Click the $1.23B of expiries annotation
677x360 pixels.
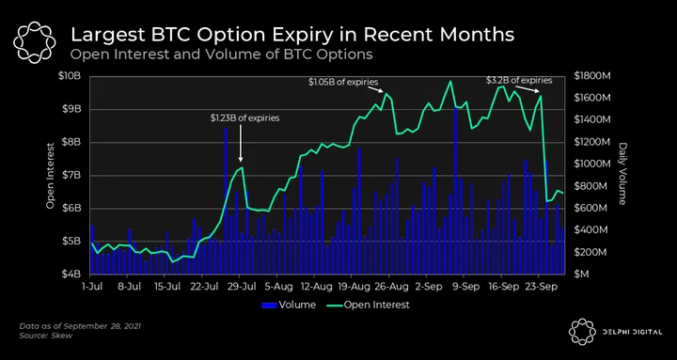click(x=244, y=117)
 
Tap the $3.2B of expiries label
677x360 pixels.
click(x=519, y=80)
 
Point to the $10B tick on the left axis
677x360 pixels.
click(x=71, y=76)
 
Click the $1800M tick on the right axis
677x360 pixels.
click(x=592, y=76)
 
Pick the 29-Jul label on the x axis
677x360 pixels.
click(x=240, y=286)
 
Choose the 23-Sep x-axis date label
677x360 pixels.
click(x=538, y=286)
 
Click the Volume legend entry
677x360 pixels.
click(x=289, y=305)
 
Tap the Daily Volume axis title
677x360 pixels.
click(x=622, y=174)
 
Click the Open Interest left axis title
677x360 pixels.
click(x=51, y=176)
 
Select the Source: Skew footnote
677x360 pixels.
click(x=46, y=336)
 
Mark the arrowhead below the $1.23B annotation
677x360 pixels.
click(x=241, y=159)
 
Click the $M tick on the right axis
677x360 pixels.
click(x=580, y=274)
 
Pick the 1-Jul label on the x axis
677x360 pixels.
click(x=92, y=286)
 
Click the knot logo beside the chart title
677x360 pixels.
click(x=35, y=43)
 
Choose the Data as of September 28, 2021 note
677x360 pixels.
click(x=80, y=326)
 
